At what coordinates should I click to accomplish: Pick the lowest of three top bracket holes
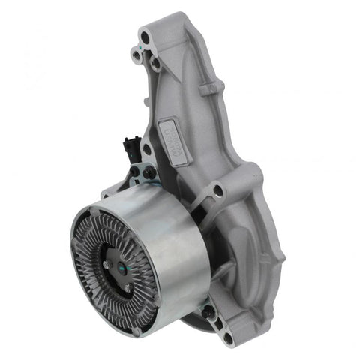point(154,64)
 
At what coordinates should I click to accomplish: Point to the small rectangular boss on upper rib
point(210,89)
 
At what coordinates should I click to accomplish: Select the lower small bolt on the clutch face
point(128,287)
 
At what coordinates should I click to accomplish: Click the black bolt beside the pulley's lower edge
point(208,308)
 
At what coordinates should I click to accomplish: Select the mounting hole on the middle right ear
point(217,190)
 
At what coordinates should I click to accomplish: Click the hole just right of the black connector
point(146,149)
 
